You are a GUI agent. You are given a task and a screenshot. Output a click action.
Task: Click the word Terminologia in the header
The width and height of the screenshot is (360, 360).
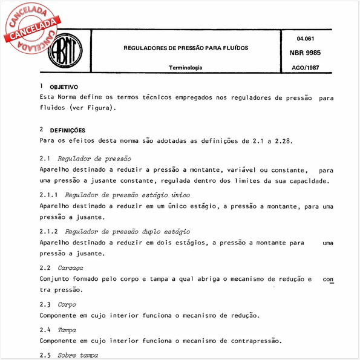click(186, 68)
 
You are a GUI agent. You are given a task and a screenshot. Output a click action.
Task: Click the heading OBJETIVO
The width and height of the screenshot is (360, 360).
click(64, 88)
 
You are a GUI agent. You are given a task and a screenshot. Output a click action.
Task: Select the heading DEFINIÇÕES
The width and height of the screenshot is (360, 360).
click(67, 130)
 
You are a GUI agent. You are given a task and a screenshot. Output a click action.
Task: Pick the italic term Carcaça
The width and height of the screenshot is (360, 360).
click(70, 267)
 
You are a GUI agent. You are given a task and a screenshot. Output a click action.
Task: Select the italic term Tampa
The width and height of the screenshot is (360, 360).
click(67, 331)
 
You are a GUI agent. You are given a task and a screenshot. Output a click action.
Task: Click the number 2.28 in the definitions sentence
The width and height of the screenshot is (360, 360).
click(281, 140)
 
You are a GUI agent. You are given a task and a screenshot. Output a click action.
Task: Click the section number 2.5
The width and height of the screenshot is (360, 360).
click(45, 356)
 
